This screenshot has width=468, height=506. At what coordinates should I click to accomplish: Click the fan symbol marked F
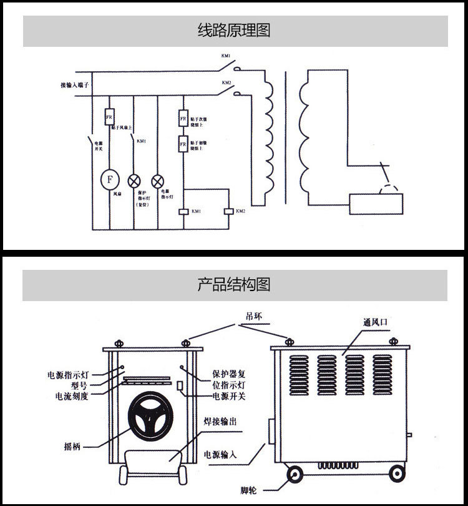(110, 179)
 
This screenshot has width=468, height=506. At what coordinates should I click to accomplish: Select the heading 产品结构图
(234, 285)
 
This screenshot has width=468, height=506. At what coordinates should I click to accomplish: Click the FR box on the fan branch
(109, 117)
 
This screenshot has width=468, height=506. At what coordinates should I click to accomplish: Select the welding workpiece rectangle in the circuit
(376, 204)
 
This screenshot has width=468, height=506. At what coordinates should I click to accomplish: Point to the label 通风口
(376, 323)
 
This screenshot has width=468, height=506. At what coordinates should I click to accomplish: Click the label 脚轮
(249, 489)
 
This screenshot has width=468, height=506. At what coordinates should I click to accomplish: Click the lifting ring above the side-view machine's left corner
(289, 341)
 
